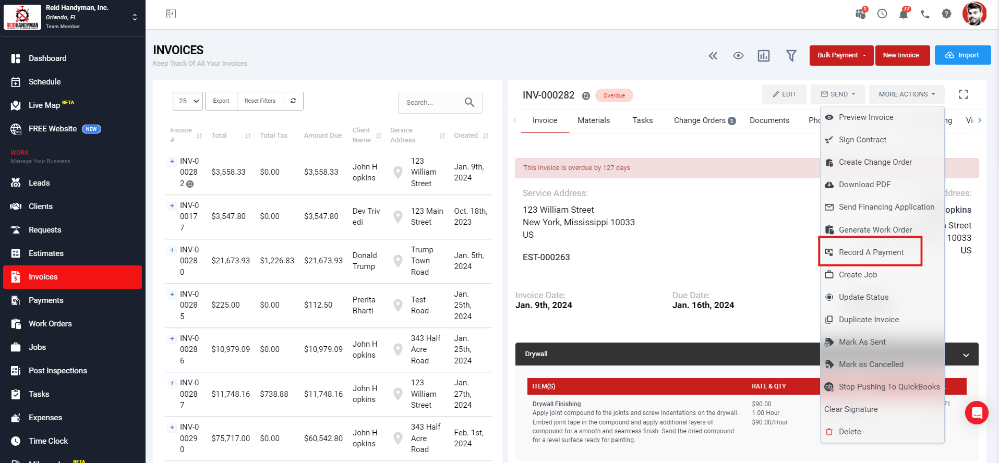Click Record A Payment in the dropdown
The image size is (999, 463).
[x=871, y=252]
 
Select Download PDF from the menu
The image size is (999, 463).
[x=864, y=185]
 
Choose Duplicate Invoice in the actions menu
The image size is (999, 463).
[x=868, y=320]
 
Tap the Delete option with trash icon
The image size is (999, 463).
[x=849, y=432]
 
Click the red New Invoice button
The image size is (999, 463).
[x=901, y=55]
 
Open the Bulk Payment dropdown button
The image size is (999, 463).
[x=841, y=55]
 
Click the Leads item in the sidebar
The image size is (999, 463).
[x=39, y=183]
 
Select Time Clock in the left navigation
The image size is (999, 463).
[x=48, y=441]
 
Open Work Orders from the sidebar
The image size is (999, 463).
[x=50, y=324]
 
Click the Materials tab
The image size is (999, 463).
[x=594, y=120]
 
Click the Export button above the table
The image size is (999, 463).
[x=221, y=101]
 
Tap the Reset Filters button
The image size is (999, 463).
[x=260, y=101]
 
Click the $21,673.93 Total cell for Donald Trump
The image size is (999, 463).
[x=231, y=261]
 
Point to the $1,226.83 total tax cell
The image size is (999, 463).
[x=277, y=261]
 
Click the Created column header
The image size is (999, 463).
[x=466, y=136]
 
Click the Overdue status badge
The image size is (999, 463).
[x=614, y=95]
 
